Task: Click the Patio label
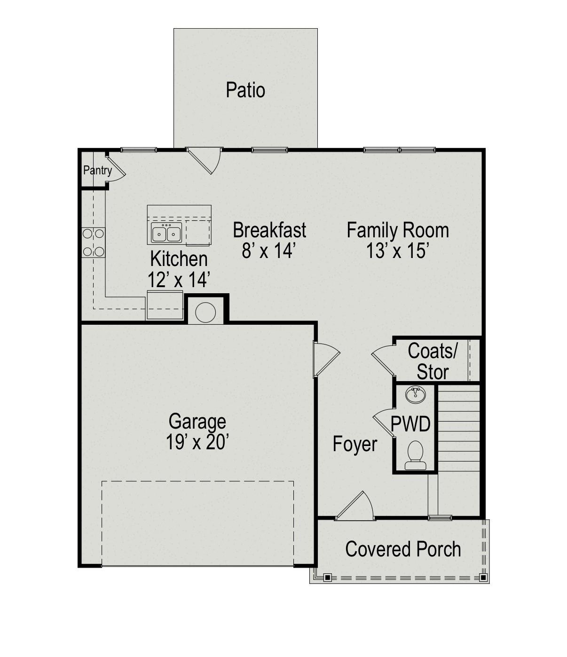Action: coord(245,90)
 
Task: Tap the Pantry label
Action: coord(98,171)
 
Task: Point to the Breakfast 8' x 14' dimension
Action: coord(269,251)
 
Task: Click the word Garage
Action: coord(197,421)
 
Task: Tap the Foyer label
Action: coord(354,444)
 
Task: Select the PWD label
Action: coord(410,424)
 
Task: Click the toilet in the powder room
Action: coord(415,455)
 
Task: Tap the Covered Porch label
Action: coord(403,549)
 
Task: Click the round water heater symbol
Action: coord(205,313)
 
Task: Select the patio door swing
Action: coord(204,161)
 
